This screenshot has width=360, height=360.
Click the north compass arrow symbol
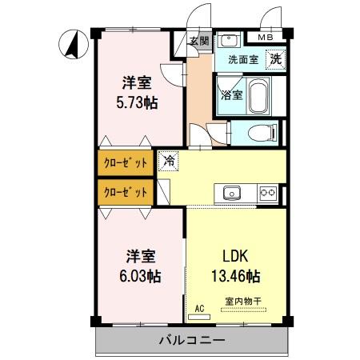[x=71, y=43]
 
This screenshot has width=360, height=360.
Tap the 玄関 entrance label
[x=199, y=42]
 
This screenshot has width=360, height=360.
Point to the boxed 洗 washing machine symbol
[x=274, y=58]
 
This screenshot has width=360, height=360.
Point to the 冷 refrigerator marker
[x=169, y=161]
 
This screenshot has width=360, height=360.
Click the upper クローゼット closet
[x=126, y=162]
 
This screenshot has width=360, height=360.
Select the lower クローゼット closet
[x=126, y=192]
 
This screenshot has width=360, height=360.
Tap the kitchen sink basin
[x=231, y=192]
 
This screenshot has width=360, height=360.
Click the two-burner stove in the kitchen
[x=267, y=192]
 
